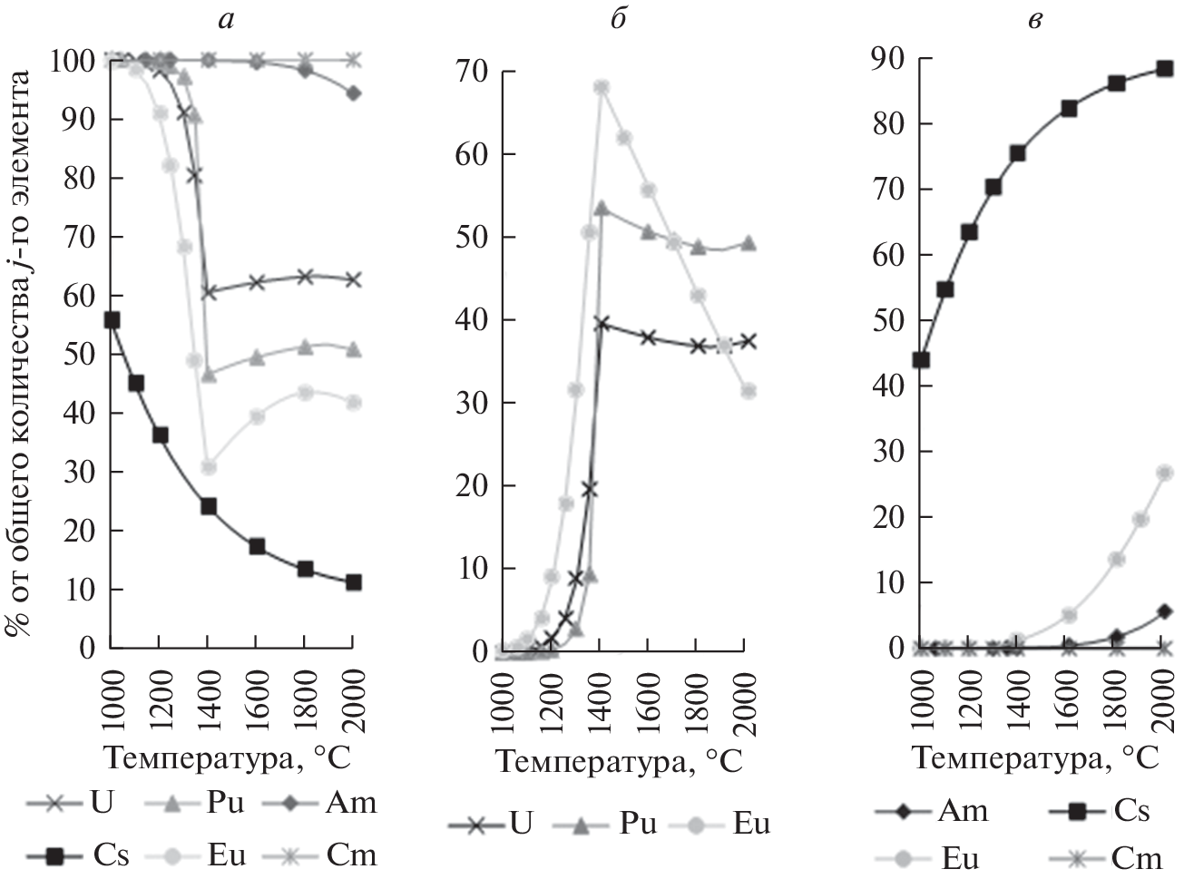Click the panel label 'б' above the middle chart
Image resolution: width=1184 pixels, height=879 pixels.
618,19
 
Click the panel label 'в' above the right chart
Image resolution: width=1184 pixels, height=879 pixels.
1033,19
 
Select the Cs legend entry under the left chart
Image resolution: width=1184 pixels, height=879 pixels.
78,854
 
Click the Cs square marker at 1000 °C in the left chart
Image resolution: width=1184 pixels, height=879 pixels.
112,319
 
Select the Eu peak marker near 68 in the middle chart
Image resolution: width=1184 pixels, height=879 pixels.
601,87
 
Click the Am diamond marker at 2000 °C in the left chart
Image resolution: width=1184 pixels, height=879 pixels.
354,93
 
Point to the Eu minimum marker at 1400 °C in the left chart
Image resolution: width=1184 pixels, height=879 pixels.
209,466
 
